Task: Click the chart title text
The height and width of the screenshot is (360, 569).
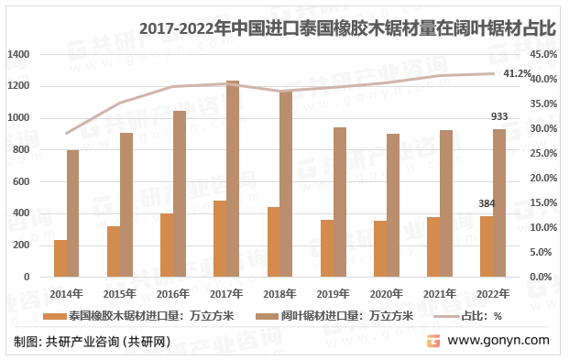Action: (348, 29)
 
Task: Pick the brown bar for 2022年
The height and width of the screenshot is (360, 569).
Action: (499, 202)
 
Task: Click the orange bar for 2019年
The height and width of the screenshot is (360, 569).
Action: (327, 248)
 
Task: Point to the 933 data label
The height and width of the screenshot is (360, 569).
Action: (499, 117)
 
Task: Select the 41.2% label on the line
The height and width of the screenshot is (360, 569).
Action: (518, 73)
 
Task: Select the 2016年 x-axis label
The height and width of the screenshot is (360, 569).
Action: (173, 294)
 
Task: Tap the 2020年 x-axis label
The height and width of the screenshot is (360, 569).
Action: (387, 294)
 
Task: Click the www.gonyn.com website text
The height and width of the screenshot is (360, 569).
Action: (498, 340)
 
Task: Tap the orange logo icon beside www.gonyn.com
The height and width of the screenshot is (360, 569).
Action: (433, 340)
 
